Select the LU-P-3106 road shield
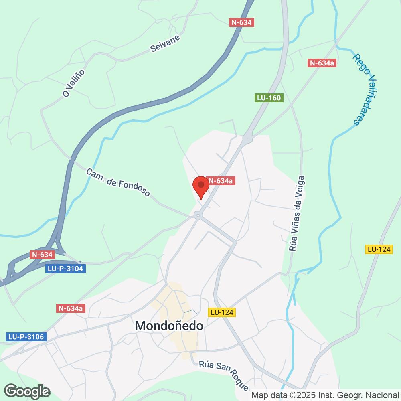coord(26,337)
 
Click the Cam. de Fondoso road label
coord(118,182)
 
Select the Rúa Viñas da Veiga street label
coord(297,213)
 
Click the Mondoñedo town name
coord(169,326)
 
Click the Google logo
coord(27,391)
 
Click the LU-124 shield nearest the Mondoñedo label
coord(222,312)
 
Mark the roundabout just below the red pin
coord(198,215)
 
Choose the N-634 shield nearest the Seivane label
coord(241,22)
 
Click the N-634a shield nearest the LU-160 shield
coord(322,63)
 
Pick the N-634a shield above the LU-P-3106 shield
coord(71,308)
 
